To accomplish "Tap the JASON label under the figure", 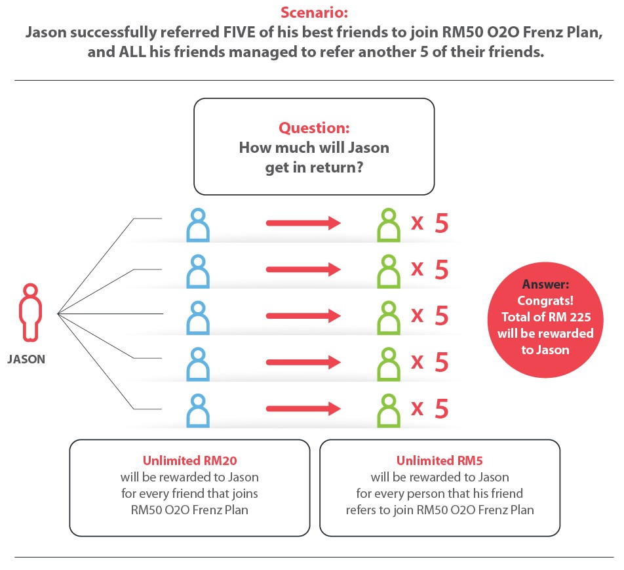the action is (26, 359).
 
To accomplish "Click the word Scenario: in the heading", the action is (314, 12).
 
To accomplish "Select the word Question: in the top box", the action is (314, 128).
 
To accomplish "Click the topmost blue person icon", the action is (198, 225).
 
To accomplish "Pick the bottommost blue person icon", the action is (198, 411).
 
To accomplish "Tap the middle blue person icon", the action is (198, 318).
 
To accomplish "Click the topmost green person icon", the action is (389, 225).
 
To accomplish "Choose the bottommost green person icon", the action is (389, 411).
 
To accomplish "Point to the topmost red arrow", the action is (303, 222).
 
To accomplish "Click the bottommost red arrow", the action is (303, 408).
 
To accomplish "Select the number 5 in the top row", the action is (442, 223).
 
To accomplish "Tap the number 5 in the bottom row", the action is (442, 409).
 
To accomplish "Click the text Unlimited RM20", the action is (190, 461).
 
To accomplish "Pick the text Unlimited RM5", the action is (440, 461).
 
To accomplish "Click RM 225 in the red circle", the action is (569, 317).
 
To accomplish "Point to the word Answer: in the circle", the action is (545, 285).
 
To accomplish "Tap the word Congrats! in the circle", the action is (545, 300).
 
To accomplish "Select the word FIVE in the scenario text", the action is (239, 32).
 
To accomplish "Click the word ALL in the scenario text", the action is (132, 52).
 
